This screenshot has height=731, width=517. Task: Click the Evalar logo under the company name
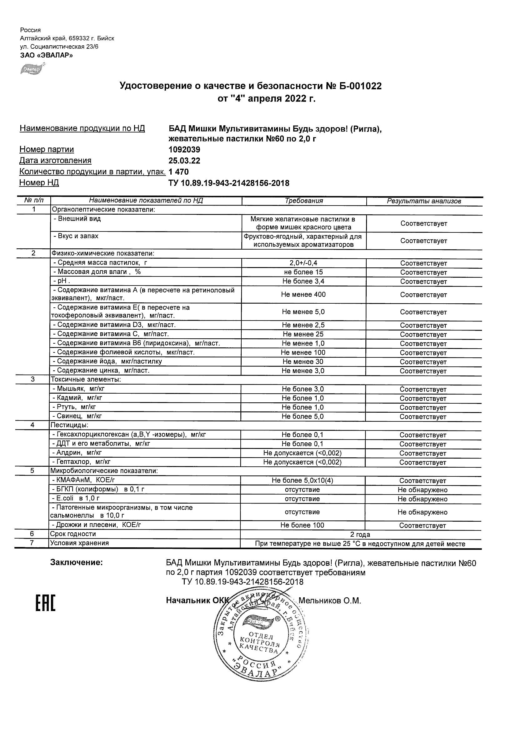32,69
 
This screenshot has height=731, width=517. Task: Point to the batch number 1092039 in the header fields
184,150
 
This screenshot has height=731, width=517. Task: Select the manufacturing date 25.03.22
184,161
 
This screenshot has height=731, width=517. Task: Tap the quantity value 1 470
179,172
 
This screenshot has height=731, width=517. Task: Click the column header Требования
304,201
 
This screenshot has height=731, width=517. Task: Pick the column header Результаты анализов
424,201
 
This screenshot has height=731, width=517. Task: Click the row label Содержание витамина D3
114,325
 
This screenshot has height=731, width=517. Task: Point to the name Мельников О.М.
330,601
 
